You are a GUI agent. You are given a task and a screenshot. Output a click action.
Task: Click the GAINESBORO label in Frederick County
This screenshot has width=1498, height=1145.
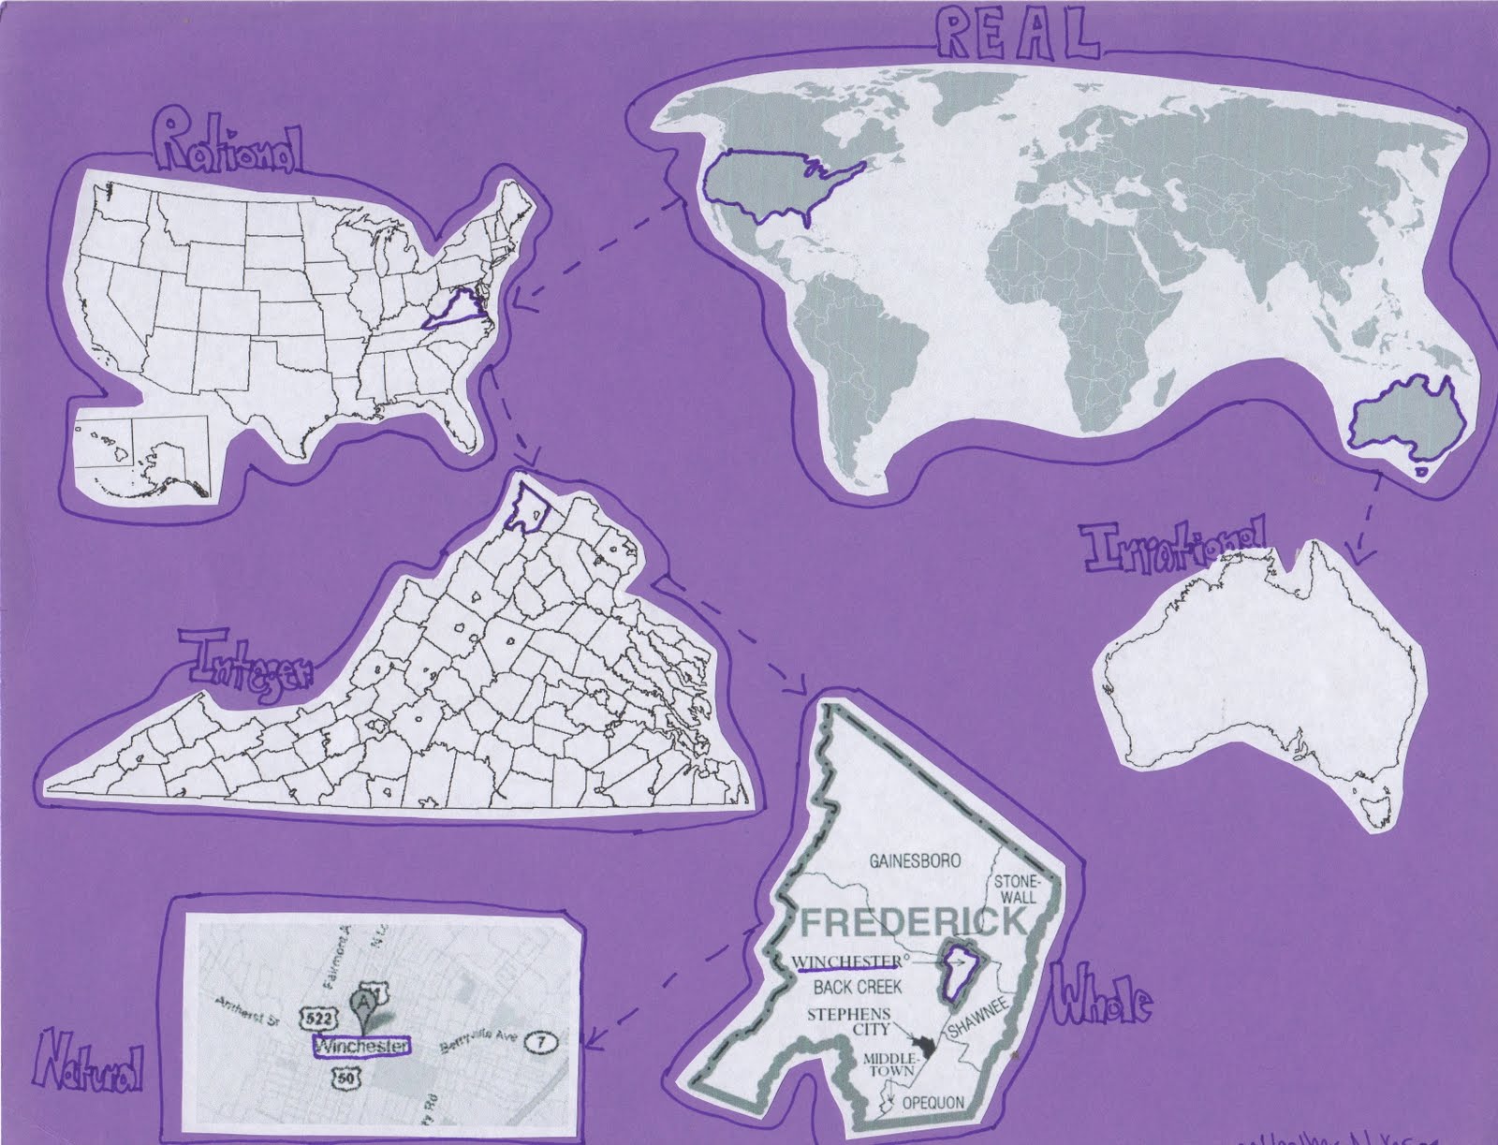point(915,860)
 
